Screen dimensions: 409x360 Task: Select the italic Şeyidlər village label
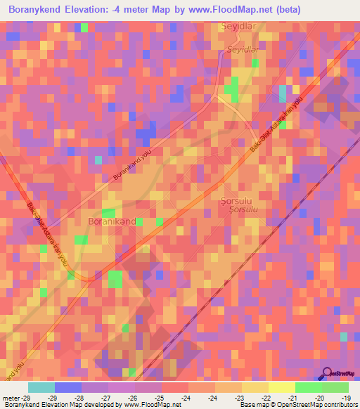(x=243, y=50)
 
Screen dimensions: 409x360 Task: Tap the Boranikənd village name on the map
(x=111, y=221)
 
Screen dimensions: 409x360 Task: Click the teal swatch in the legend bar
(x=41, y=387)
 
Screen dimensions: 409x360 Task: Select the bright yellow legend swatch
(x=281, y=387)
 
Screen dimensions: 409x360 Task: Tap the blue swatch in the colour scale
(x=68, y=387)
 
